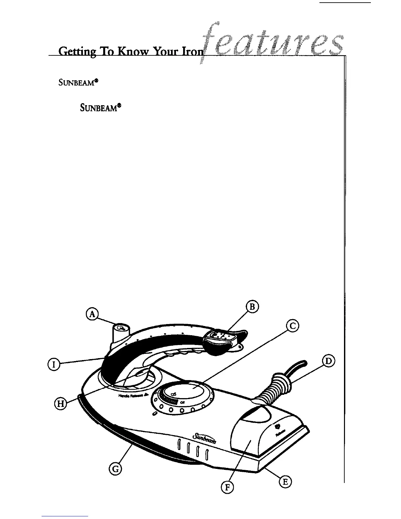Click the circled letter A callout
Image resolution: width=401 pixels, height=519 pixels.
(93, 314)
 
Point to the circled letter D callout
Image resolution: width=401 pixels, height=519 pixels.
(328, 361)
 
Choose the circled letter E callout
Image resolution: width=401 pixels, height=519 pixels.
(285, 482)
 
